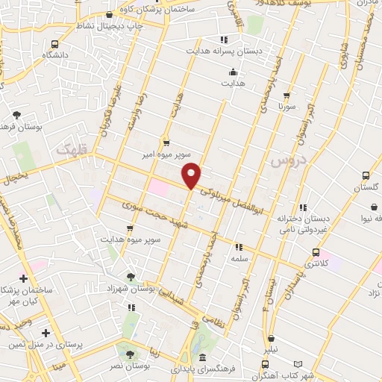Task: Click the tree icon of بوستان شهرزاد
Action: pyautogui.click(x=132, y=277)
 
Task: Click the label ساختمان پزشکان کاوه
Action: pyautogui.click(x=156, y=7)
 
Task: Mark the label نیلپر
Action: pyautogui.click(x=271, y=349)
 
